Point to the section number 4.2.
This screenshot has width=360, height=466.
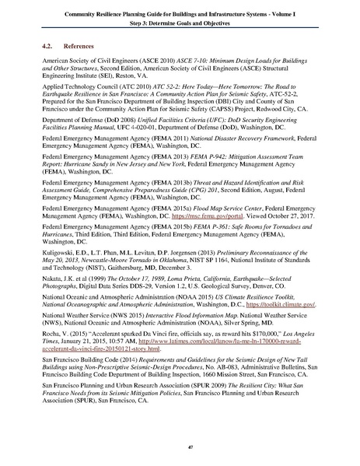(x=48, y=46)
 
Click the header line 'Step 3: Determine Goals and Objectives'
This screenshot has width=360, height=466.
(x=180, y=23)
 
